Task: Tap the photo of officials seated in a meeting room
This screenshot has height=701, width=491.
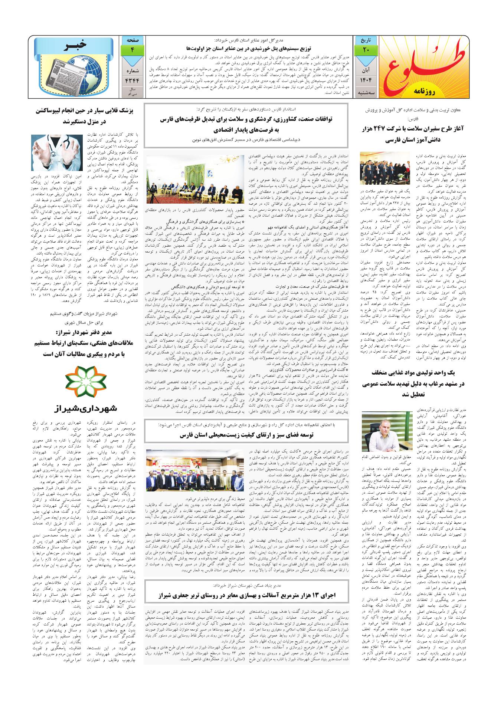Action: tap(195, 179)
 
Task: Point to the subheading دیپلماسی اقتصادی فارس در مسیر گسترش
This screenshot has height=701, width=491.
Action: tap(246, 140)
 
